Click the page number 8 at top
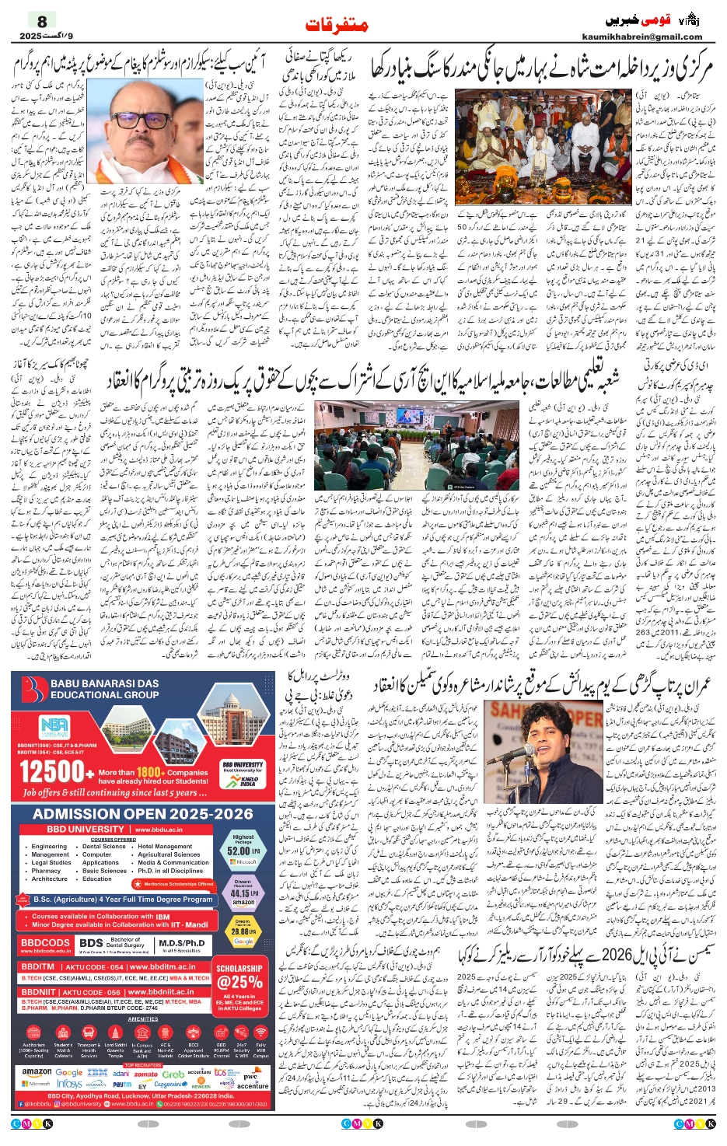coord(42,21)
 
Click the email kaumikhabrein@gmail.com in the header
coord(641,37)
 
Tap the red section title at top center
coord(337,25)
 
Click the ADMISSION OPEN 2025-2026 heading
coord(143,814)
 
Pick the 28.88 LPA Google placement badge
coord(243,931)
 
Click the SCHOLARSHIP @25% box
coord(239,978)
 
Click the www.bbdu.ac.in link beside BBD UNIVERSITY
coord(159,830)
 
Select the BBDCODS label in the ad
coord(45,942)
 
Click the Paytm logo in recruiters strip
coord(122,1084)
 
